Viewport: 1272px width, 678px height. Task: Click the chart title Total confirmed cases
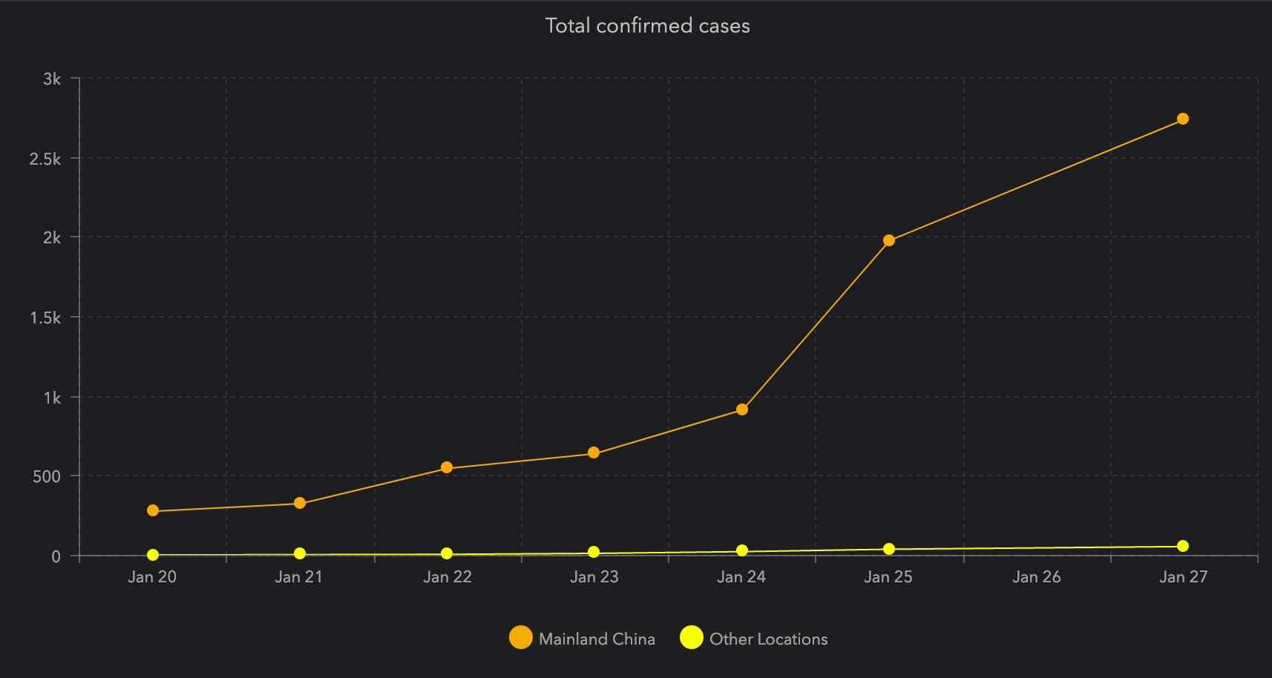[647, 26]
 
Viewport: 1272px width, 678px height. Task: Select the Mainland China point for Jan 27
[1183, 119]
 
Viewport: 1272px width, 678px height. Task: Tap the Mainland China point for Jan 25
[889, 240]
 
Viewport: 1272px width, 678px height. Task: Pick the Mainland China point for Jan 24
[742, 409]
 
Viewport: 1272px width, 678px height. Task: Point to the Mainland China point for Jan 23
[594, 452]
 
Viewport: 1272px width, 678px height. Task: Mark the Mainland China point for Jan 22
[447, 467]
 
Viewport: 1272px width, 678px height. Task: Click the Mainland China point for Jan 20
[153, 510]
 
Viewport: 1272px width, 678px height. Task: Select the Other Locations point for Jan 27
[1183, 546]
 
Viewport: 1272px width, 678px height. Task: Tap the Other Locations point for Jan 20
[153, 555]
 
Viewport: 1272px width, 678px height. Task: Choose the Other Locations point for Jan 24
[742, 550]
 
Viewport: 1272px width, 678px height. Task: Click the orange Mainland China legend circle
[521, 637]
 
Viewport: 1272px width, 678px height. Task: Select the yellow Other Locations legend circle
[692, 637]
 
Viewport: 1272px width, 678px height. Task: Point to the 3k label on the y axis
[52, 79]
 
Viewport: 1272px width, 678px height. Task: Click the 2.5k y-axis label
[45, 159]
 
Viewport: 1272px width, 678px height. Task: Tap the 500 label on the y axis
[46, 476]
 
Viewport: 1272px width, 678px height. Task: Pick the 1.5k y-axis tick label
[45, 317]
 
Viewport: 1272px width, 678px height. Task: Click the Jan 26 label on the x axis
[1036, 577]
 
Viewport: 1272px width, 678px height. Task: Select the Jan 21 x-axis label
[298, 577]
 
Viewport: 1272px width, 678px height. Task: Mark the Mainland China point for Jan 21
[300, 503]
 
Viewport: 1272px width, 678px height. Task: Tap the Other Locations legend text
[768, 639]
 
